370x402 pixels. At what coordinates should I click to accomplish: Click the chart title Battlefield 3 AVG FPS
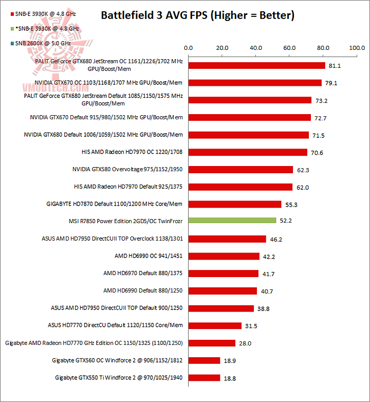[197, 15]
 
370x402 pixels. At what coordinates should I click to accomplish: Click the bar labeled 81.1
[257, 65]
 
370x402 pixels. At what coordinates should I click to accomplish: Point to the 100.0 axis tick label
[357, 48]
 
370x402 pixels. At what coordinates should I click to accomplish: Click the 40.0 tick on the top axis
[256, 48]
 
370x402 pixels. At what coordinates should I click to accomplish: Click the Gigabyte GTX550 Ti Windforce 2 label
[119, 378]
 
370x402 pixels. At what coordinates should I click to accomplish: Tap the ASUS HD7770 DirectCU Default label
[115, 325]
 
